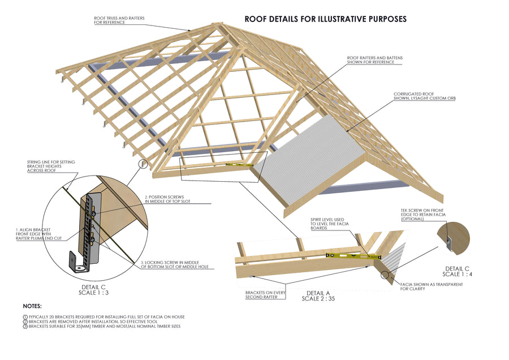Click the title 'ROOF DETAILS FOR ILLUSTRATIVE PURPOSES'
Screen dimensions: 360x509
(x=325, y=19)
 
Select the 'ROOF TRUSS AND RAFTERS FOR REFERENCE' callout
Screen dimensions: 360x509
(x=119, y=20)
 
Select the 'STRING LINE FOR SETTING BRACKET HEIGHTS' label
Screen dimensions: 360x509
(x=51, y=166)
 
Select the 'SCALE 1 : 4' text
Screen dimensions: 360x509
(x=459, y=273)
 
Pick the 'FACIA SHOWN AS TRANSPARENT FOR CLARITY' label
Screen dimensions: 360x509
(x=431, y=286)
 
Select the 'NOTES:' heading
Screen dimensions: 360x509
(x=33, y=305)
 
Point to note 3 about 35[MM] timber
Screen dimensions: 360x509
(x=105, y=327)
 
